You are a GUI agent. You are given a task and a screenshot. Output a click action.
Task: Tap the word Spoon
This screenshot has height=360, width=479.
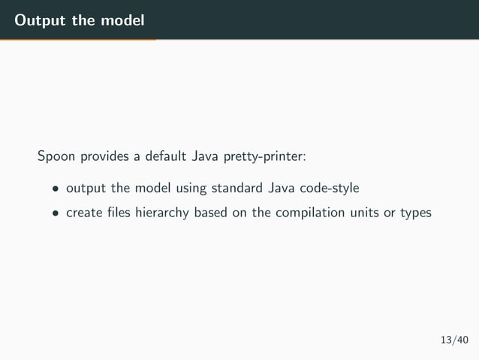click(x=55, y=157)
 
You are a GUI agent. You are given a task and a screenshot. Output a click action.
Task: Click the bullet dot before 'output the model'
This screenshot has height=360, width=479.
click(x=55, y=188)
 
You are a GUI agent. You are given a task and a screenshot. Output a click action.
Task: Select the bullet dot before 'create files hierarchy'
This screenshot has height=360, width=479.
click(x=55, y=213)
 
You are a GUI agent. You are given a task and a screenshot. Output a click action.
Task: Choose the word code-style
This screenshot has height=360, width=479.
click(x=330, y=187)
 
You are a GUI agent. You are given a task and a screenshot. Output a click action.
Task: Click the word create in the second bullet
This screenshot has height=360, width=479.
click(x=83, y=213)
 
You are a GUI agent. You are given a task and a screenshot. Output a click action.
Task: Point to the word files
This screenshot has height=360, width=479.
click(x=119, y=213)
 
